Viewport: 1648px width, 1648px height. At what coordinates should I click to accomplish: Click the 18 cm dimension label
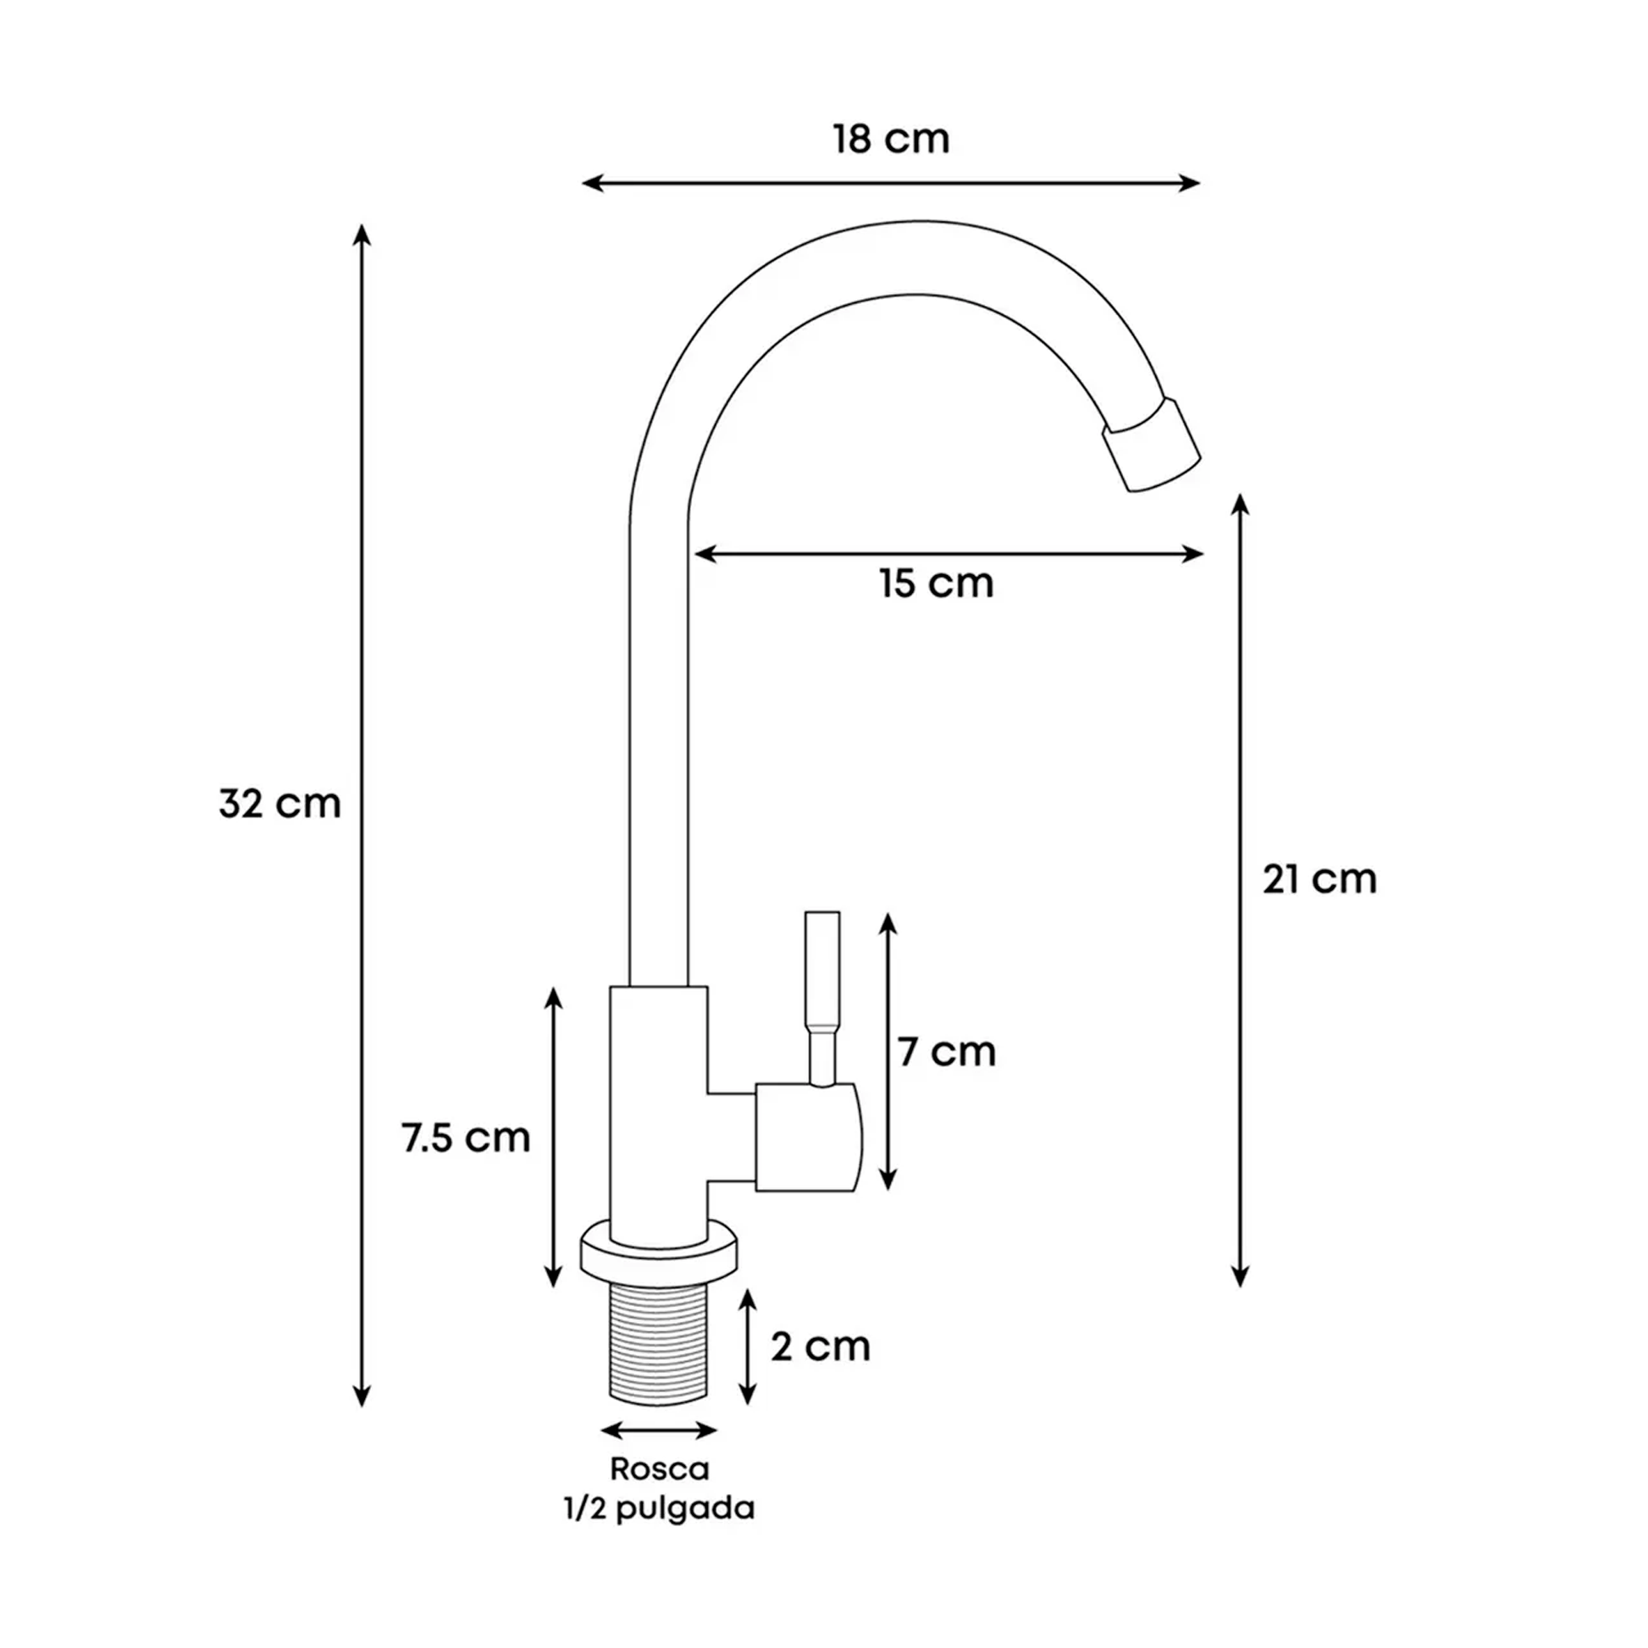click(891, 139)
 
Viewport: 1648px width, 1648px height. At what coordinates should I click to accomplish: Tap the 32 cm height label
click(279, 804)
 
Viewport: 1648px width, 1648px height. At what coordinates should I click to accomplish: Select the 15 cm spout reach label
click(937, 583)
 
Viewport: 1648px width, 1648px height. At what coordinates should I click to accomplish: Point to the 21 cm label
click(1319, 879)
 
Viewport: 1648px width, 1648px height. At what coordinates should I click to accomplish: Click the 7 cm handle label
click(946, 1052)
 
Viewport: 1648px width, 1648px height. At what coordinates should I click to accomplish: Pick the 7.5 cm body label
click(466, 1137)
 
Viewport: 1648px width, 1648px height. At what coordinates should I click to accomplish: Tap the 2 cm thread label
click(821, 1347)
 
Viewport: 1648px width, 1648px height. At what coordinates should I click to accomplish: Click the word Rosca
click(660, 1468)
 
